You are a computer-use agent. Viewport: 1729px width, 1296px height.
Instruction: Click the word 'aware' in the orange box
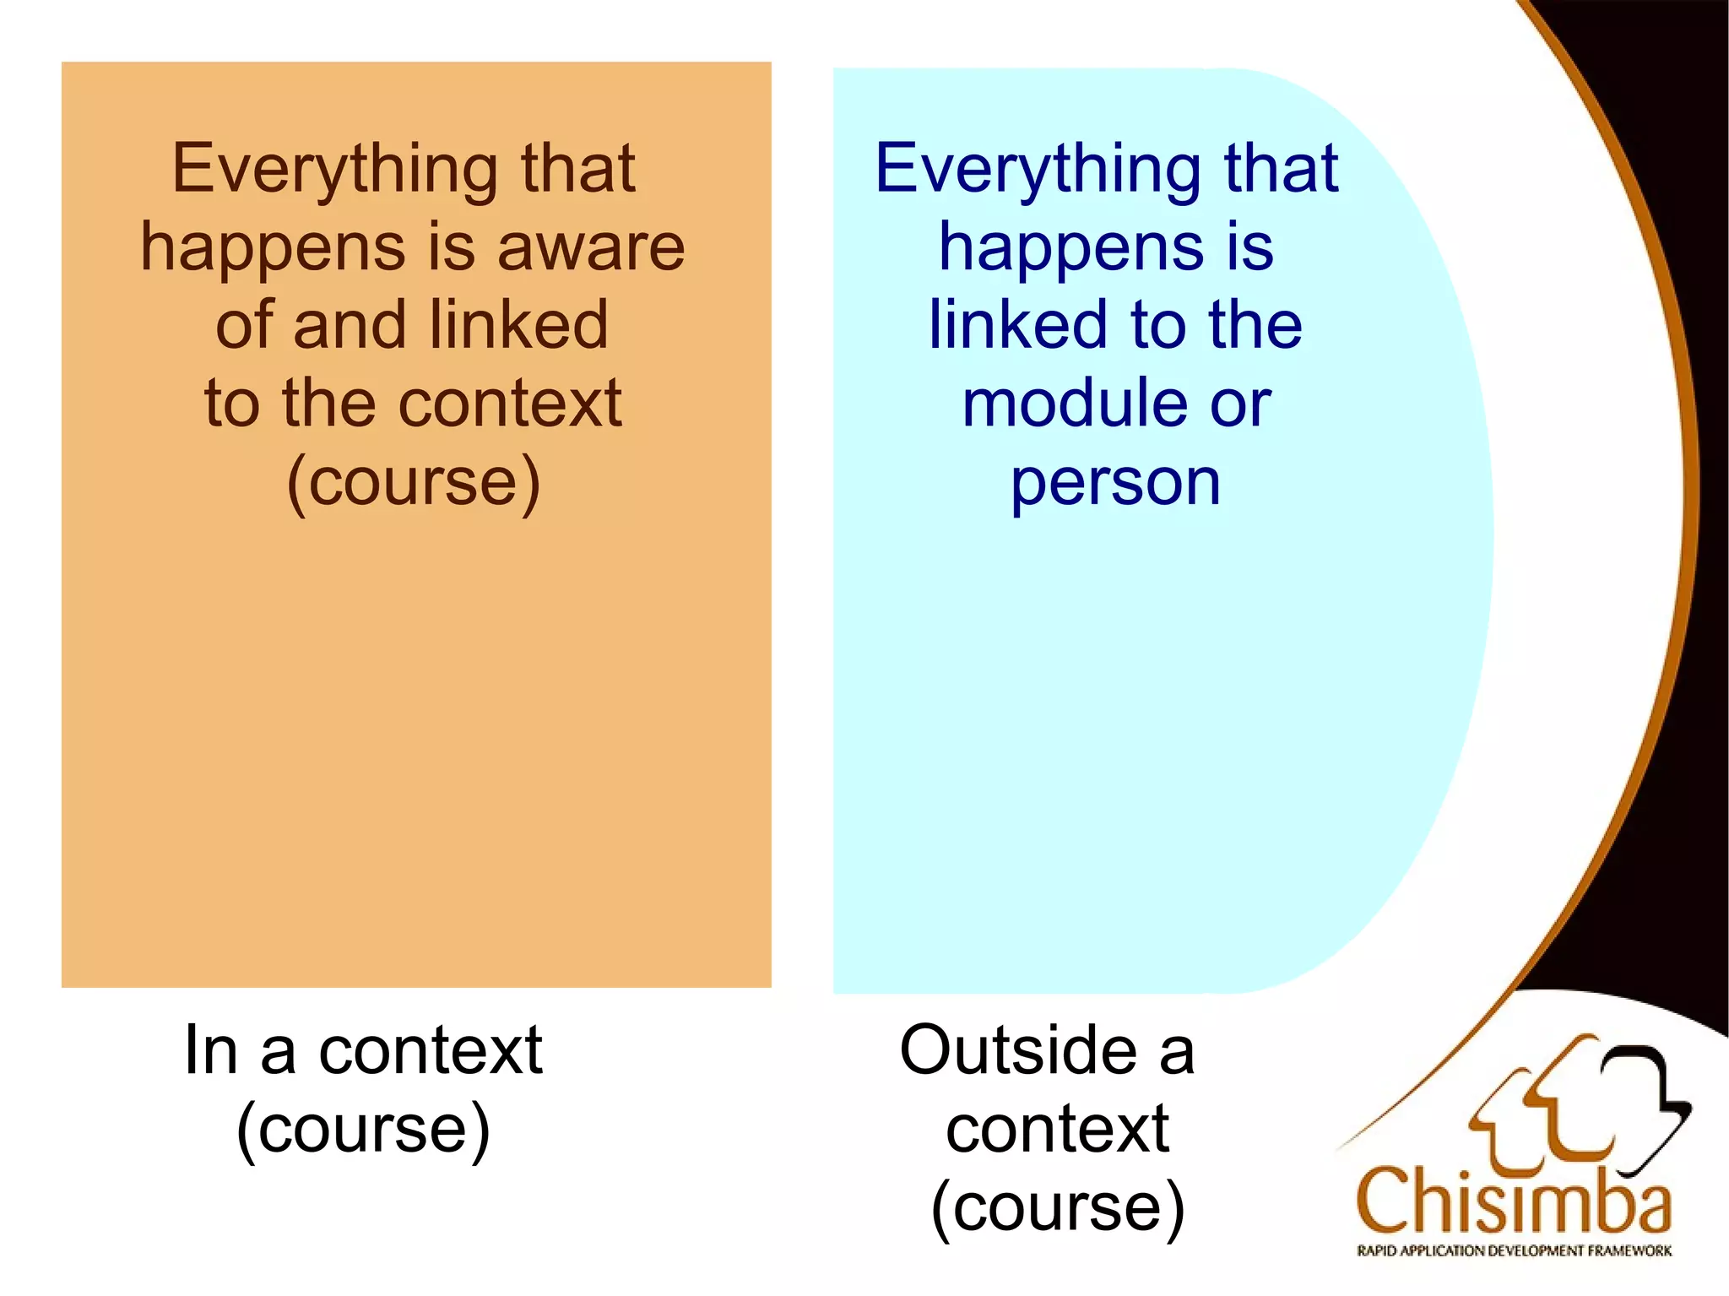(x=591, y=248)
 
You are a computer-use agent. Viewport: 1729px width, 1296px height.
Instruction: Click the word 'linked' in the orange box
(x=518, y=325)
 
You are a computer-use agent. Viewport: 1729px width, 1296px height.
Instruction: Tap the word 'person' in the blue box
(x=1115, y=483)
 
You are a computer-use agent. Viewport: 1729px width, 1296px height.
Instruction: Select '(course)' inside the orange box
(x=413, y=483)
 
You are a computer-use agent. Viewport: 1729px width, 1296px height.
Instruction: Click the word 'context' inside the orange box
(x=510, y=404)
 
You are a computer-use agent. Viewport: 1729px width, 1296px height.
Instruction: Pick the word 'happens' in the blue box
(x=1071, y=248)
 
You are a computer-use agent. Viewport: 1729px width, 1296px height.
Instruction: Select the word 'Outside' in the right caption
(x=1017, y=1050)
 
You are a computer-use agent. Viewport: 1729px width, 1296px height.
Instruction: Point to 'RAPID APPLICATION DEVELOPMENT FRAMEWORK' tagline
(x=1514, y=1251)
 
